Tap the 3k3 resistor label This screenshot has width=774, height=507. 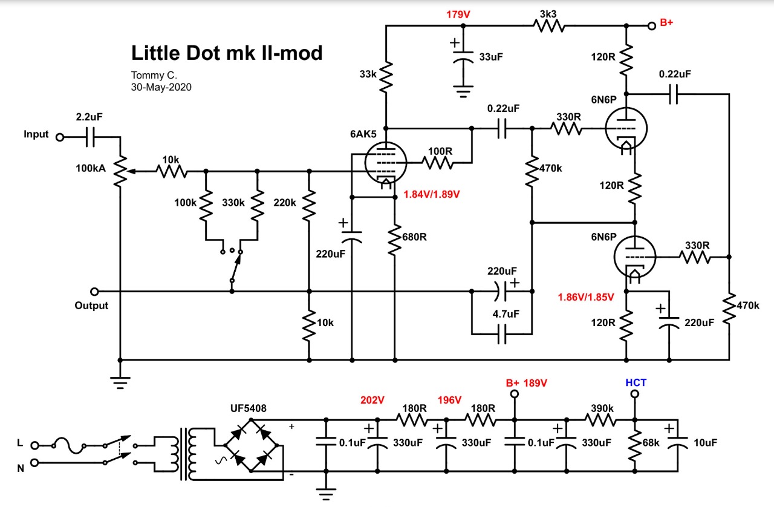[x=548, y=14]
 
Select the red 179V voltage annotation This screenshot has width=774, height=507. [x=458, y=15]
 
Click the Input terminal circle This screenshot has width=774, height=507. [x=60, y=137]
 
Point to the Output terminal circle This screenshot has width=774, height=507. [x=94, y=292]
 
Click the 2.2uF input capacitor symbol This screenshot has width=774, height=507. [x=90, y=137]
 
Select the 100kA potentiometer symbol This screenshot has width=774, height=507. [x=120, y=172]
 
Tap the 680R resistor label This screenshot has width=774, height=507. [x=414, y=237]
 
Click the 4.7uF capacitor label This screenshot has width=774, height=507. [x=506, y=313]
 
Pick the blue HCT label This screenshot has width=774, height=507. [x=636, y=382]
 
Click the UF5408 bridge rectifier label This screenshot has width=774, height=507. [x=249, y=408]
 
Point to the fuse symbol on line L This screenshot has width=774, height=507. [x=69, y=446]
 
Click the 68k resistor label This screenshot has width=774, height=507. [x=651, y=443]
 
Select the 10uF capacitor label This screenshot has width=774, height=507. [x=705, y=443]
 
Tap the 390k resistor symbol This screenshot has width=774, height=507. [x=600, y=420]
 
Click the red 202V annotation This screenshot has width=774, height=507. [x=372, y=400]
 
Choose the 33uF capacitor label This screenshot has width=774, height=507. [x=491, y=57]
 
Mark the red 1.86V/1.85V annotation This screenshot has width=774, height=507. [x=586, y=297]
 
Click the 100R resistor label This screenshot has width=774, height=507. [x=440, y=151]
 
